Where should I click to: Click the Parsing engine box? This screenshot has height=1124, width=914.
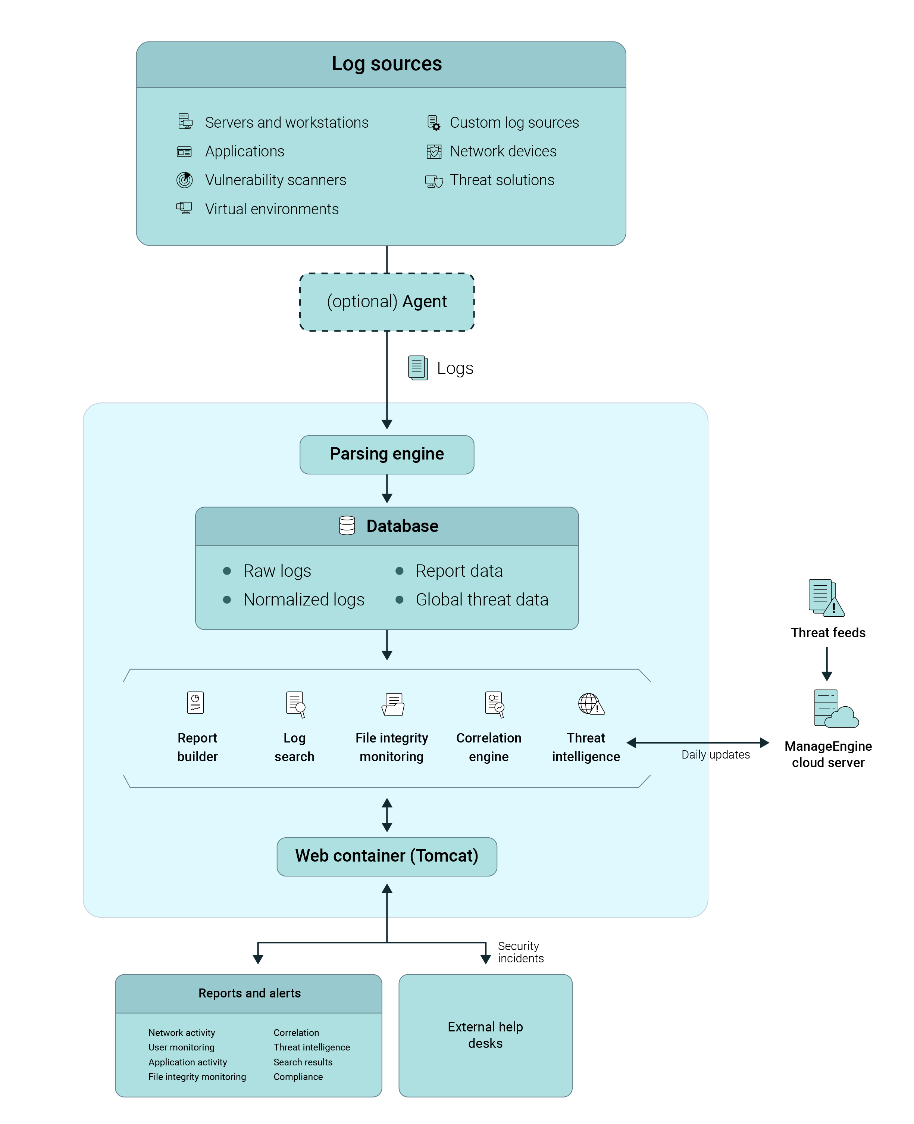point(386,454)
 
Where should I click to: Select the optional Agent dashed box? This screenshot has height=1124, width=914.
point(386,302)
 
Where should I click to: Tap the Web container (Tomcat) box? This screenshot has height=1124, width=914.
point(386,856)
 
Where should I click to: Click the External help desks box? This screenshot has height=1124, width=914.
point(485,1035)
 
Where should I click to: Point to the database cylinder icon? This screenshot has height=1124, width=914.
point(347,525)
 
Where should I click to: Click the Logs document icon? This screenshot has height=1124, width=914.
point(417,368)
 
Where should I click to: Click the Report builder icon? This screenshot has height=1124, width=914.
point(195,703)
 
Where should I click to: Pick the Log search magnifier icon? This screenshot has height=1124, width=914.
point(295,704)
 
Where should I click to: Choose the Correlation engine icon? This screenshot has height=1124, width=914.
point(494,704)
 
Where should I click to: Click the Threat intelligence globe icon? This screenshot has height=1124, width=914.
point(591,704)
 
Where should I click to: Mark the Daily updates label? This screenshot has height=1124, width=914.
point(715,754)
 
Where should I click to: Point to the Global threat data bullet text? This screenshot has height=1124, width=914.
point(481,600)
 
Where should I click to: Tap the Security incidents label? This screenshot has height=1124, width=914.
point(520,952)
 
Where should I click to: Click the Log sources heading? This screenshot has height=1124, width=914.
point(386,64)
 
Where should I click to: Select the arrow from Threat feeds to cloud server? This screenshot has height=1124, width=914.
point(827,664)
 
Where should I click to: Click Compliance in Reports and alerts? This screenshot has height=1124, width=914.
point(298,1077)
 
